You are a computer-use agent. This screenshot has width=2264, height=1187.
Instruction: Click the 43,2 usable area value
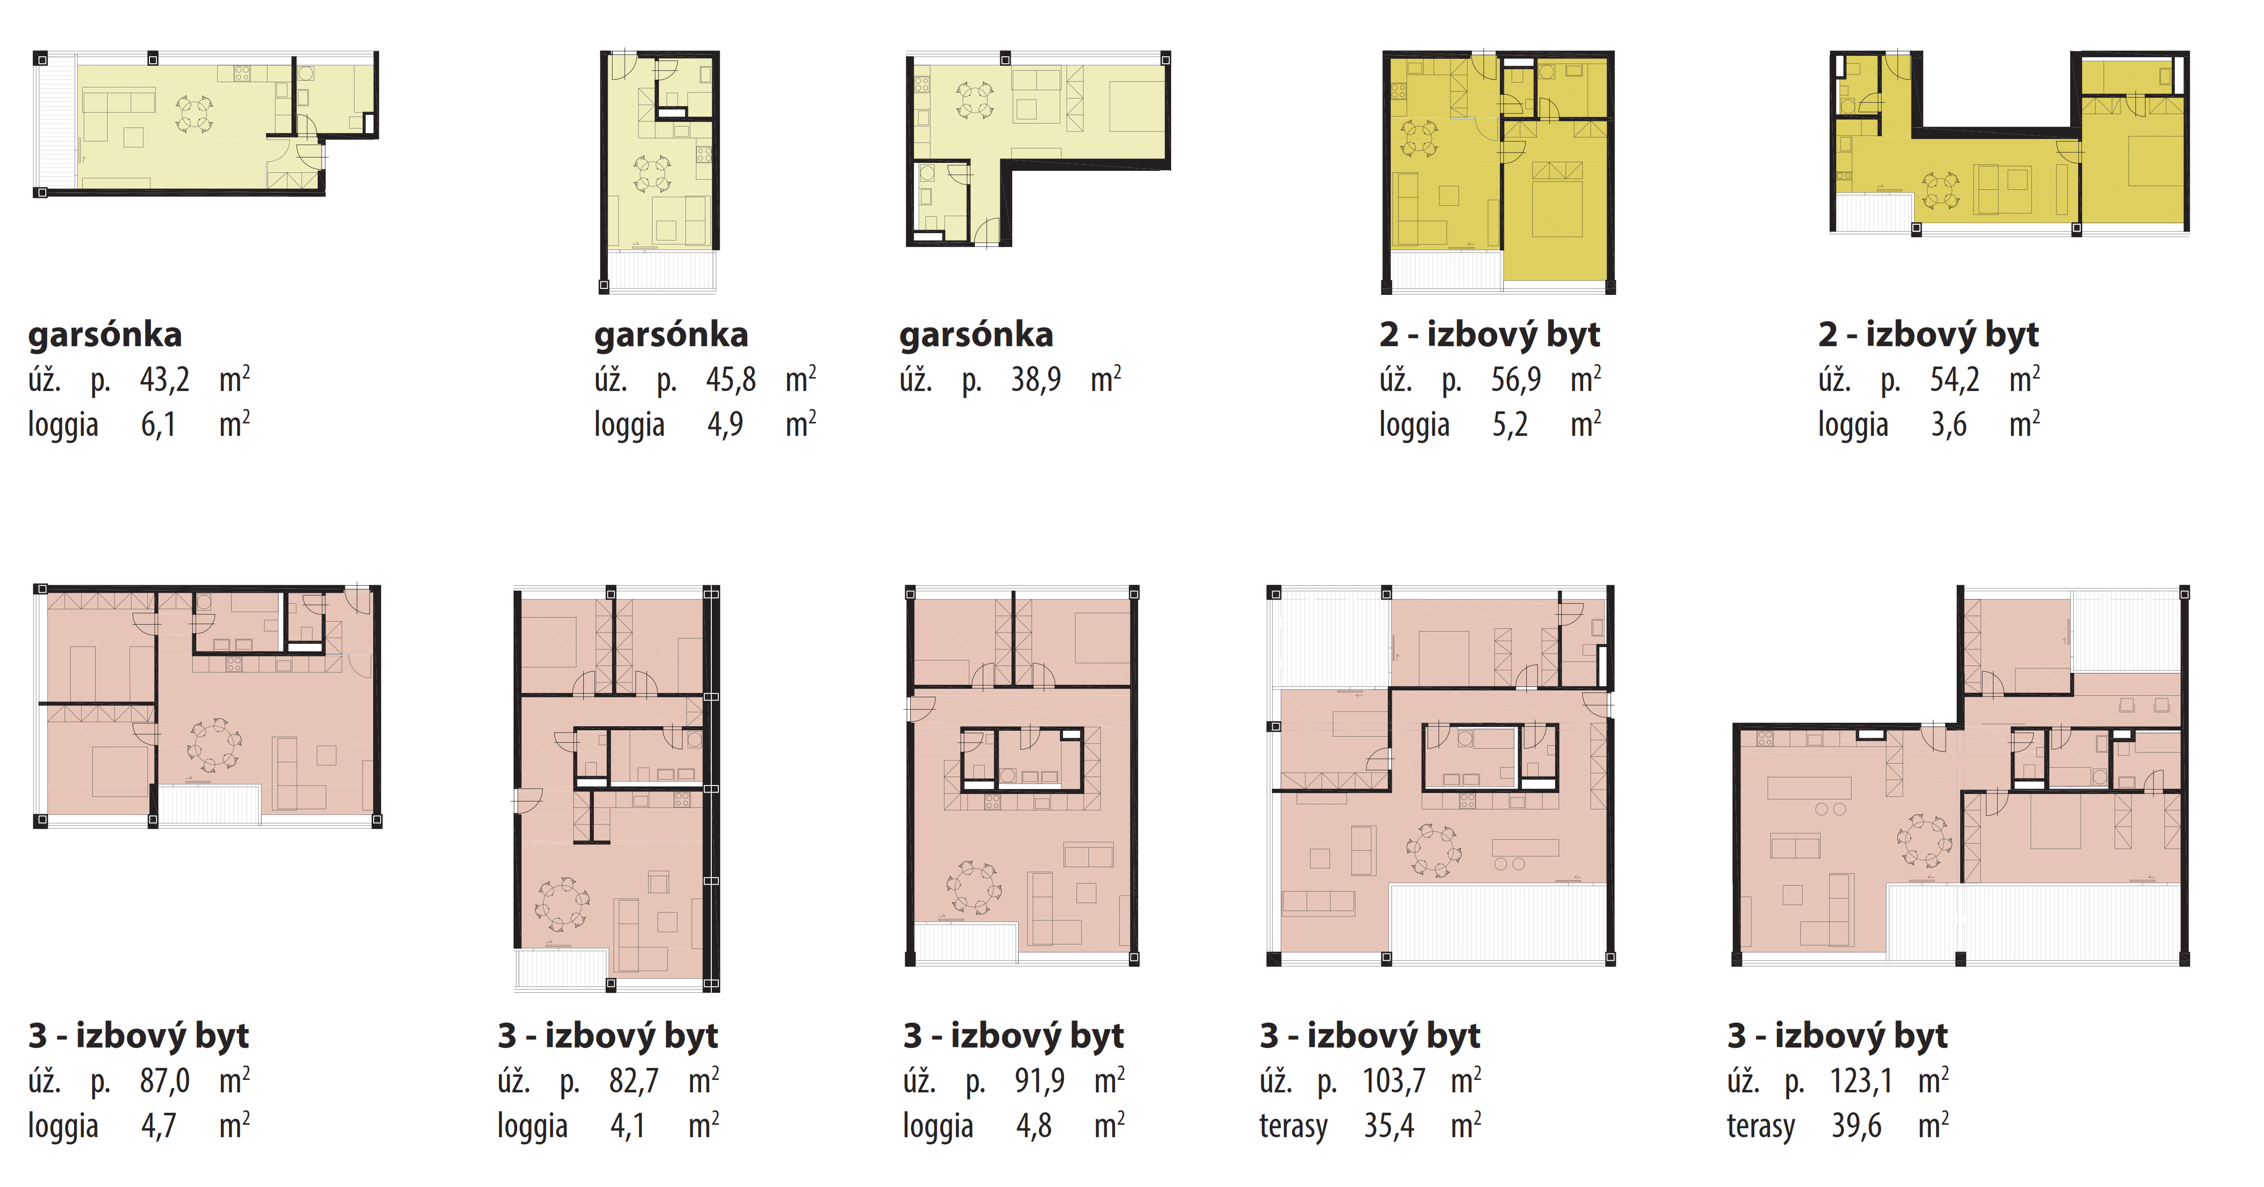164,380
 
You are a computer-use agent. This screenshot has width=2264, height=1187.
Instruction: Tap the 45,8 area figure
730,380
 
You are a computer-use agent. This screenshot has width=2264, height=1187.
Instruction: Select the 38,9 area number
1035,380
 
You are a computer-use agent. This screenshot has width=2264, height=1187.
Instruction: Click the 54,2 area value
1955,380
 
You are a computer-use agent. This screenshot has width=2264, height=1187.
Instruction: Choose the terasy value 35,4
1389,1126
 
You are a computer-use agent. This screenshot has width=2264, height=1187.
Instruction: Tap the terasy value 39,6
1856,1126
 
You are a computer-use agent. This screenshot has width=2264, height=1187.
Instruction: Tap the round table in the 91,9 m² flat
973,888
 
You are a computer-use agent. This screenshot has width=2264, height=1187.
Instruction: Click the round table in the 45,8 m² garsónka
652,173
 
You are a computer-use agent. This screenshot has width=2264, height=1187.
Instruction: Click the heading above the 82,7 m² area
607,1036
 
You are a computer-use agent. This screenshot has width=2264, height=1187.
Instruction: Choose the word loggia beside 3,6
1853,425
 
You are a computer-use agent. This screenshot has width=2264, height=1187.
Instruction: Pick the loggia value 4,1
628,1126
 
